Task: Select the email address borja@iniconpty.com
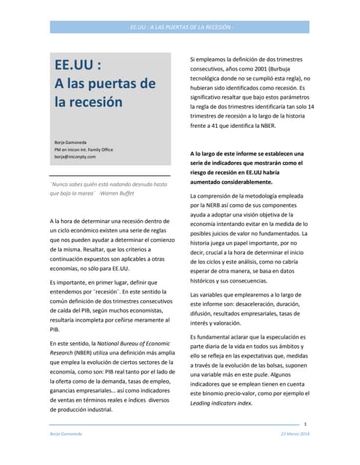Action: coord(75,156)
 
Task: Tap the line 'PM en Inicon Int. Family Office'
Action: coord(84,148)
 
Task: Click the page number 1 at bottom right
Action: coord(306,424)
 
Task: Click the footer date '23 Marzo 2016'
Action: coord(295,433)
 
